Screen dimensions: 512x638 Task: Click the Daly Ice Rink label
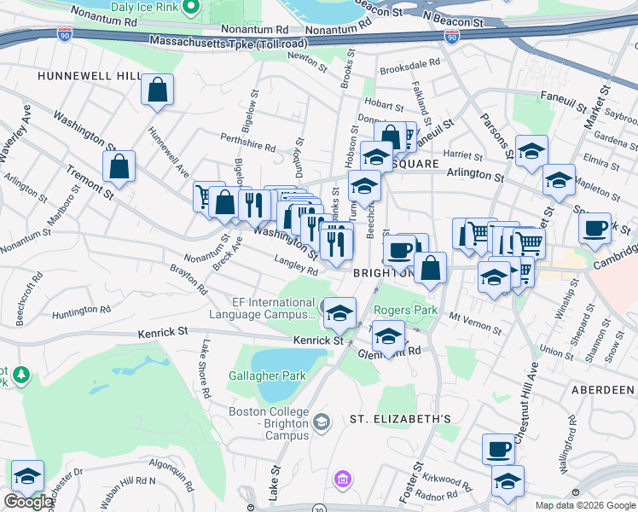click(x=146, y=7)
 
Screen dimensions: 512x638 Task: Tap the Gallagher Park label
click(x=267, y=375)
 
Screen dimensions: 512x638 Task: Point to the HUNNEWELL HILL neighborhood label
click(x=89, y=76)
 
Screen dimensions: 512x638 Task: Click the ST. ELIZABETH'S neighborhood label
click(x=400, y=418)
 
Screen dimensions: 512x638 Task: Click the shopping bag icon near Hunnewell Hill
click(x=158, y=90)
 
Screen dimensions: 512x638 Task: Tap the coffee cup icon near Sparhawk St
click(x=594, y=227)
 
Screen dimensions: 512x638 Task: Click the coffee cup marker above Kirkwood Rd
click(x=498, y=448)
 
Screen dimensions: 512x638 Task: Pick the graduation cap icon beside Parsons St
click(x=532, y=152)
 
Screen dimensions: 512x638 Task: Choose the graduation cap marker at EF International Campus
click(x=339, y=312)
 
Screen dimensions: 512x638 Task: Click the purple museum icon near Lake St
click(x=343, y=480)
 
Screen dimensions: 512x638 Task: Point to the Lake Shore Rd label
click(x=206, y=369)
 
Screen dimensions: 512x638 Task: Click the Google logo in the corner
click(x=28, y=502)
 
